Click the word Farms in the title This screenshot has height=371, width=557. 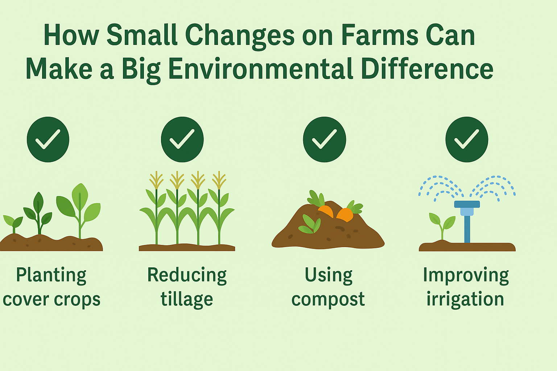[x=380, y=35]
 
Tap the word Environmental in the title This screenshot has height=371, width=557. [x=261, y=68]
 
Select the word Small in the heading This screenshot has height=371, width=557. [x=142, y=35]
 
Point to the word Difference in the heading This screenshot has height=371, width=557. [x=427, y=68]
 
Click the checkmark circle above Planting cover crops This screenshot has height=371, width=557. [x=48, y=139]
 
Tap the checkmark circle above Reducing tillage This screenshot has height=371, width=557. [x=182, y=139]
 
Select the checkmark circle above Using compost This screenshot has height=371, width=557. [x=325, y=139]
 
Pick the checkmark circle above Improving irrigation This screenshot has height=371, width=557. [x=467, y=139]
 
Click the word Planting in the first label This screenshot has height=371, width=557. [x=51, y=276]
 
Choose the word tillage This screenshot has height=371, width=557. [x=187, y=299]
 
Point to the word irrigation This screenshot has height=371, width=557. [x=465, y=299]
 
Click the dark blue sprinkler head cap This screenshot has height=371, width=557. [x=467, y=204]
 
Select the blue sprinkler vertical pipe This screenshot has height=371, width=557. [x=467, y=229]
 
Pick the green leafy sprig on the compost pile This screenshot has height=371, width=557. [x=310, y=224]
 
